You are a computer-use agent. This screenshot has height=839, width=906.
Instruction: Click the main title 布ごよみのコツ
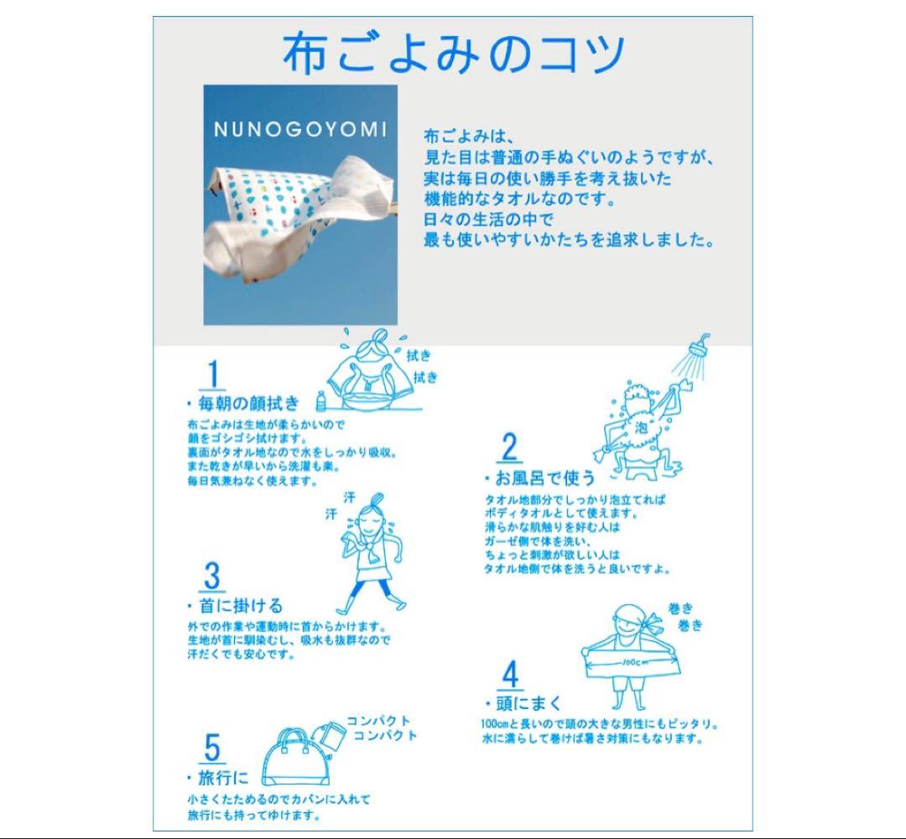(x=454, y=53)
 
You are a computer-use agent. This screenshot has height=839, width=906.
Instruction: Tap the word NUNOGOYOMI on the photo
(x=299, y=129)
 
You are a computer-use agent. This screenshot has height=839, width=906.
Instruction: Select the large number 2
(x=509, y=448)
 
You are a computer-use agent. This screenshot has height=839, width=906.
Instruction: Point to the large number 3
(x=212, y=577)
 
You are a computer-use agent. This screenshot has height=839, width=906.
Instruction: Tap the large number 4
(x=510, y=675)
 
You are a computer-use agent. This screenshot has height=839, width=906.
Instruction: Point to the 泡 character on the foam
(x=642, y=427)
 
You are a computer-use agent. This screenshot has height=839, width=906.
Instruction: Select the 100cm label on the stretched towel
(x=634, y=662)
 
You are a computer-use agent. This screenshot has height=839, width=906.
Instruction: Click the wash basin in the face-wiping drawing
(x=367, y=400)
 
